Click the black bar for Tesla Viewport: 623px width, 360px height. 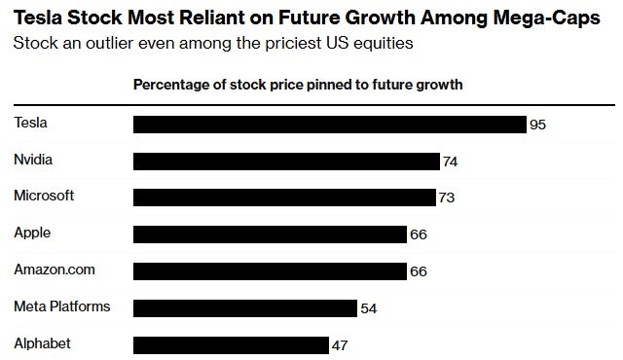(329, 125)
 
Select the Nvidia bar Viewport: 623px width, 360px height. (286, 162)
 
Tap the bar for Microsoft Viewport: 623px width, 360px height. (284, 198)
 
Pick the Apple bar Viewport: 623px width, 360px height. (270, 234)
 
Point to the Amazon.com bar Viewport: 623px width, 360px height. (270, 270)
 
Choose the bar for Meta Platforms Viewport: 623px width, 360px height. (244, 308)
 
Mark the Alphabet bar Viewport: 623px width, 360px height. (230, 344)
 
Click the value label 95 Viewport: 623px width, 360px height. (536, 125)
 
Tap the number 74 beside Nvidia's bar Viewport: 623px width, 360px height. (450, 162)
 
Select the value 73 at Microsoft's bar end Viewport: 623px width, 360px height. (447, 198)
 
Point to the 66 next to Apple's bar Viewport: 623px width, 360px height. (419, 234)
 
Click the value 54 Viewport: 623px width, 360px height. (368, 308)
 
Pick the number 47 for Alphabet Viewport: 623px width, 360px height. (339, 344)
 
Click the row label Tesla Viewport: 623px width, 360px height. (30, 122)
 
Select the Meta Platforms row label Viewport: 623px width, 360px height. (61, 306)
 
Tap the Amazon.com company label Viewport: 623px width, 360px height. (55, 270)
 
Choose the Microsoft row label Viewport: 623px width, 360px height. (44, 196)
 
